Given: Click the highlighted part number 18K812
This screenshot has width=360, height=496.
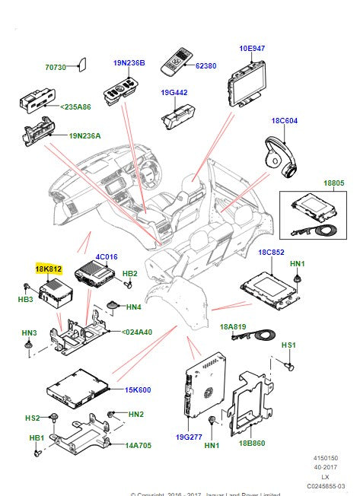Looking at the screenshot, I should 47,269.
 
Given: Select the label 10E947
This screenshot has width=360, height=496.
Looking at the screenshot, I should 252,48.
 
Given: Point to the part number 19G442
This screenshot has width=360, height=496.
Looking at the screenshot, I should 174,94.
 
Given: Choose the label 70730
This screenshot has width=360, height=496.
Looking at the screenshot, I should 57,68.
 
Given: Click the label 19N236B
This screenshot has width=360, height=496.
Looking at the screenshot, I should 129,62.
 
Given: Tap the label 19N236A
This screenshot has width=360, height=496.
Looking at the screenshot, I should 86,135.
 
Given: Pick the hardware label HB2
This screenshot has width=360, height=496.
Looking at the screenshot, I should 130,273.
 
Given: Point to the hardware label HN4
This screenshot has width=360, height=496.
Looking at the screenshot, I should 133,307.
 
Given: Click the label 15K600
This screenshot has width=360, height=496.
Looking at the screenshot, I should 139,389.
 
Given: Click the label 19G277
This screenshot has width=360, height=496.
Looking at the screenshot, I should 189,437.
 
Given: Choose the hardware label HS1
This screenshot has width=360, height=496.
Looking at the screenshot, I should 288,345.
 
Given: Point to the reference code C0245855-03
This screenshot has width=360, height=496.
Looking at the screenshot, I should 325,485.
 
